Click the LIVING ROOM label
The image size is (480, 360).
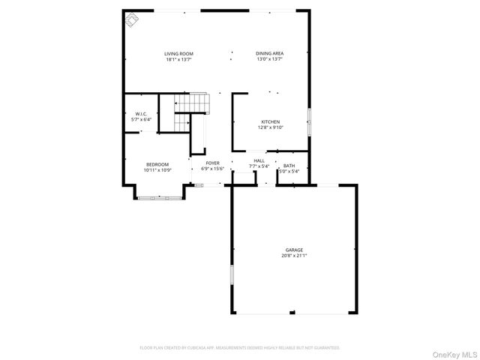click(180, 53)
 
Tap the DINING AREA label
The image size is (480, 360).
click(269, 53)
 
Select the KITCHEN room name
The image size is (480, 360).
click(270, 121)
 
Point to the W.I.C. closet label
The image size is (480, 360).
click(141, 114)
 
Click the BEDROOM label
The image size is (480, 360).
click(157, 164)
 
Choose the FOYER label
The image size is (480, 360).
click(213, 163)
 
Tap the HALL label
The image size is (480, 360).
click(259, 160)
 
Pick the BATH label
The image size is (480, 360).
click(289, 166)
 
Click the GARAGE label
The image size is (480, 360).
click(294, 250)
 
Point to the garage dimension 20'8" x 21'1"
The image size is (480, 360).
click(294, 256)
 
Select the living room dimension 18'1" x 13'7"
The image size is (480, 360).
click(180, 59)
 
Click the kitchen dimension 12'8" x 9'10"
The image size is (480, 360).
click(270, 127)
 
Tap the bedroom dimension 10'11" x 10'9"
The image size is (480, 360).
click(157, 170)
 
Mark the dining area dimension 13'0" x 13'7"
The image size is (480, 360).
click(269, 59)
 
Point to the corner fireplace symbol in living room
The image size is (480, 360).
click(132, 19)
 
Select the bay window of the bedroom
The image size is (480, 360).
click(158, 197)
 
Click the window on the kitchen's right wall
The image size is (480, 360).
click(307, 122)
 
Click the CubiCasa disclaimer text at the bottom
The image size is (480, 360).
click(240, 348)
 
